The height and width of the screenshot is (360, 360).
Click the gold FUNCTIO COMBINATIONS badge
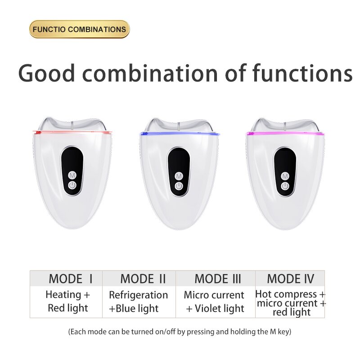click(79, 29)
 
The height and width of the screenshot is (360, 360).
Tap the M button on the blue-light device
click(179, 175)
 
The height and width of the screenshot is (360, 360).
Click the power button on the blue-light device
click(179, 186)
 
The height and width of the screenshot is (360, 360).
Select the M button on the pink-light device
click(285, 175)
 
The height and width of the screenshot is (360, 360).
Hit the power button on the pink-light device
click(285, 186)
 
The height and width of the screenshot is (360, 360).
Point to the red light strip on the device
click(72, 133)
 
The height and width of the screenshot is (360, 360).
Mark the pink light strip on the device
click(285, 134)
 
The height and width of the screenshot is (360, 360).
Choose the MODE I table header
click(71, 279)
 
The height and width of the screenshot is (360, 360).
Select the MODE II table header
click(143, 279)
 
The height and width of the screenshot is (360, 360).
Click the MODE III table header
click(219, 279)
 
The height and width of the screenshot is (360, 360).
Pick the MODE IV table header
click(290, 279)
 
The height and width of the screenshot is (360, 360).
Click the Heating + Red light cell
click(68, 301)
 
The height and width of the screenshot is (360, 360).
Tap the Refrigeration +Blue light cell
click(138, 301)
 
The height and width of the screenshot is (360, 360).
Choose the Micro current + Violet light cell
click(214, 301)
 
